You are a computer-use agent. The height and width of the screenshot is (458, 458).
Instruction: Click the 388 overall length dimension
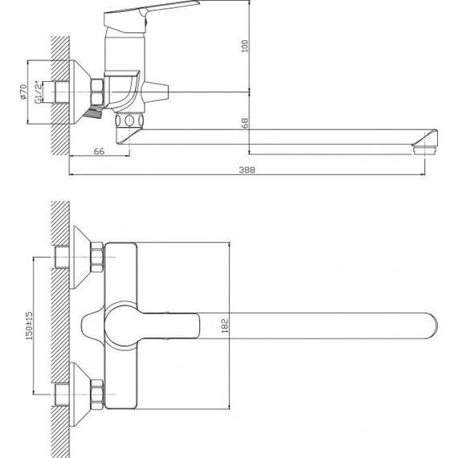click(x=247, y=170)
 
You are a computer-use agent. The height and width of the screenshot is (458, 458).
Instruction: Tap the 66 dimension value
click(x=99, y=151)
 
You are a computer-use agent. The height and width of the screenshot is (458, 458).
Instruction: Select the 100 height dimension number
click(x=244, y=46)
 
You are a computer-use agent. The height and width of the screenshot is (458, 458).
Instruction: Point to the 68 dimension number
click(x=245, y=123)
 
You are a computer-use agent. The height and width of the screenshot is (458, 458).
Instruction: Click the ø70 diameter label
click(x=23, y=92)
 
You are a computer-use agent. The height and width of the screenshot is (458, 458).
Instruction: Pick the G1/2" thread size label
click(x=39, y=92)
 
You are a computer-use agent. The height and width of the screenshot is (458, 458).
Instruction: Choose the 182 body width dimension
click(x=225, y=325)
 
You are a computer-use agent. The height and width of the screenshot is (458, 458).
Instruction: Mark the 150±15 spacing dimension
click(x=29, y=325)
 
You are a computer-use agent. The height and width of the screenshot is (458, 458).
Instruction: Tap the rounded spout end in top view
click(x=431, y=325)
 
